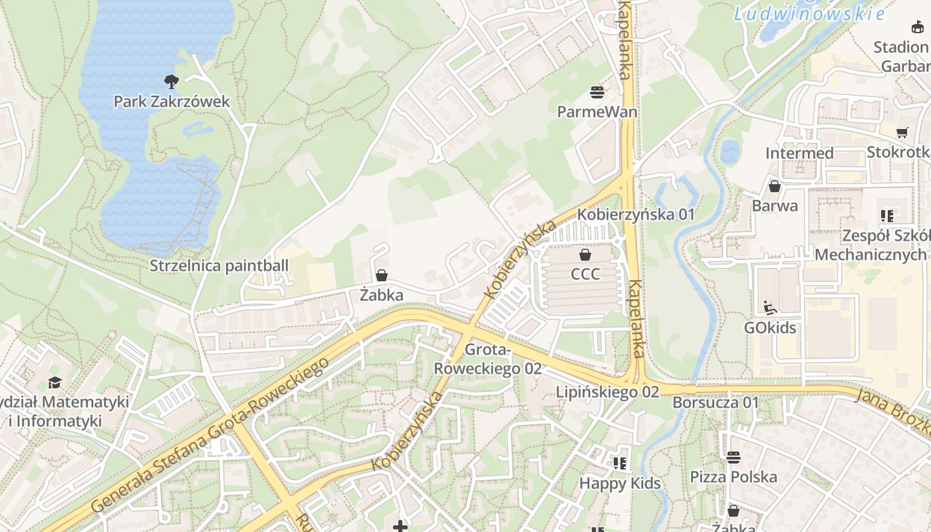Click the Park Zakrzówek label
pos(172,102)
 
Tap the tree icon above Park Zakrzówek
pos(172,82)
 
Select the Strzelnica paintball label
pos(219,266)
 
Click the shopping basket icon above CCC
pos(585,255)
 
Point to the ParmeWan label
pos(597,112)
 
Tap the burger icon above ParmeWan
pos(597,92)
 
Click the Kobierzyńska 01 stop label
pos(636,215)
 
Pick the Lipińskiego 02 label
pos(608,392)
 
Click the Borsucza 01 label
pos(716,402)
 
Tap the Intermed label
pos(799,154)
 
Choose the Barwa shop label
pos(775,206)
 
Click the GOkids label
pos(770,328)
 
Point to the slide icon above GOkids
pos(770,308)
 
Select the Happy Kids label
pos(620,483)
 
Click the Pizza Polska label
pos(733,477)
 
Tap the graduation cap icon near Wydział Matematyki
pos(54,382)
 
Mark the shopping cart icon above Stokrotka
pos(902,133)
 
